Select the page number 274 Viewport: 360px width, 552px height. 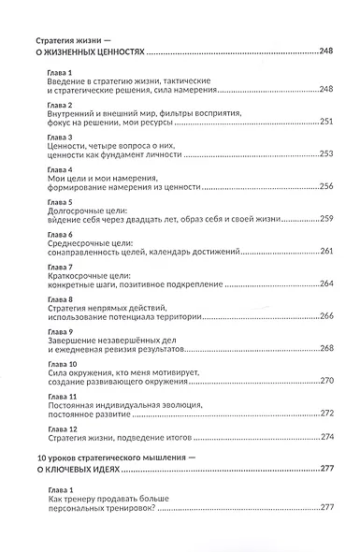point(326,436)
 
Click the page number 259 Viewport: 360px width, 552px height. point(326,218)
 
